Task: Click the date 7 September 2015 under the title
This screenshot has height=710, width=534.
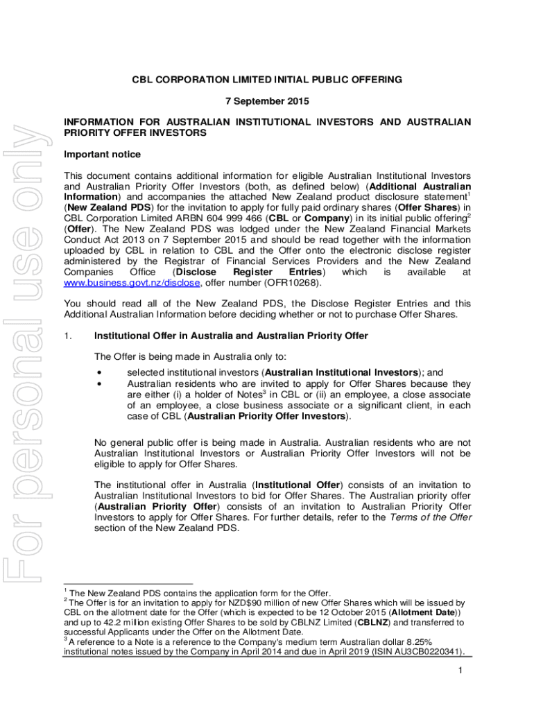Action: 267,101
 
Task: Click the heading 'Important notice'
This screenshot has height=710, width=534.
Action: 102,154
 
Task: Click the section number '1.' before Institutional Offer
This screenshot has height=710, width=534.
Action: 67,336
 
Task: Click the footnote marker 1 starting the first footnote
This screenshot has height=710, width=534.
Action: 64,591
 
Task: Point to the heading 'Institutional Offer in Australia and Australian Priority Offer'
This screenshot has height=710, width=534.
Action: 231,336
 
